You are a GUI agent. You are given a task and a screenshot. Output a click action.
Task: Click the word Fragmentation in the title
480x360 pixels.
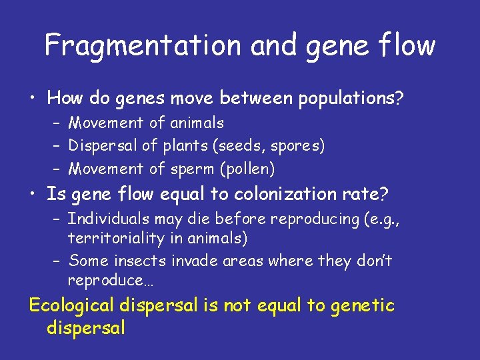tap(143, 45)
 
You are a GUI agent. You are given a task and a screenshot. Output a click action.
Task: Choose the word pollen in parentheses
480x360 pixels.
tap(246, 169)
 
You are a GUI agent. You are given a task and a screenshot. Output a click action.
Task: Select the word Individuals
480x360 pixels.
tap(109, 219)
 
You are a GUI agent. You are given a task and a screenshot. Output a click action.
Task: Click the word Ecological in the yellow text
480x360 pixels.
tap(71, 307)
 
